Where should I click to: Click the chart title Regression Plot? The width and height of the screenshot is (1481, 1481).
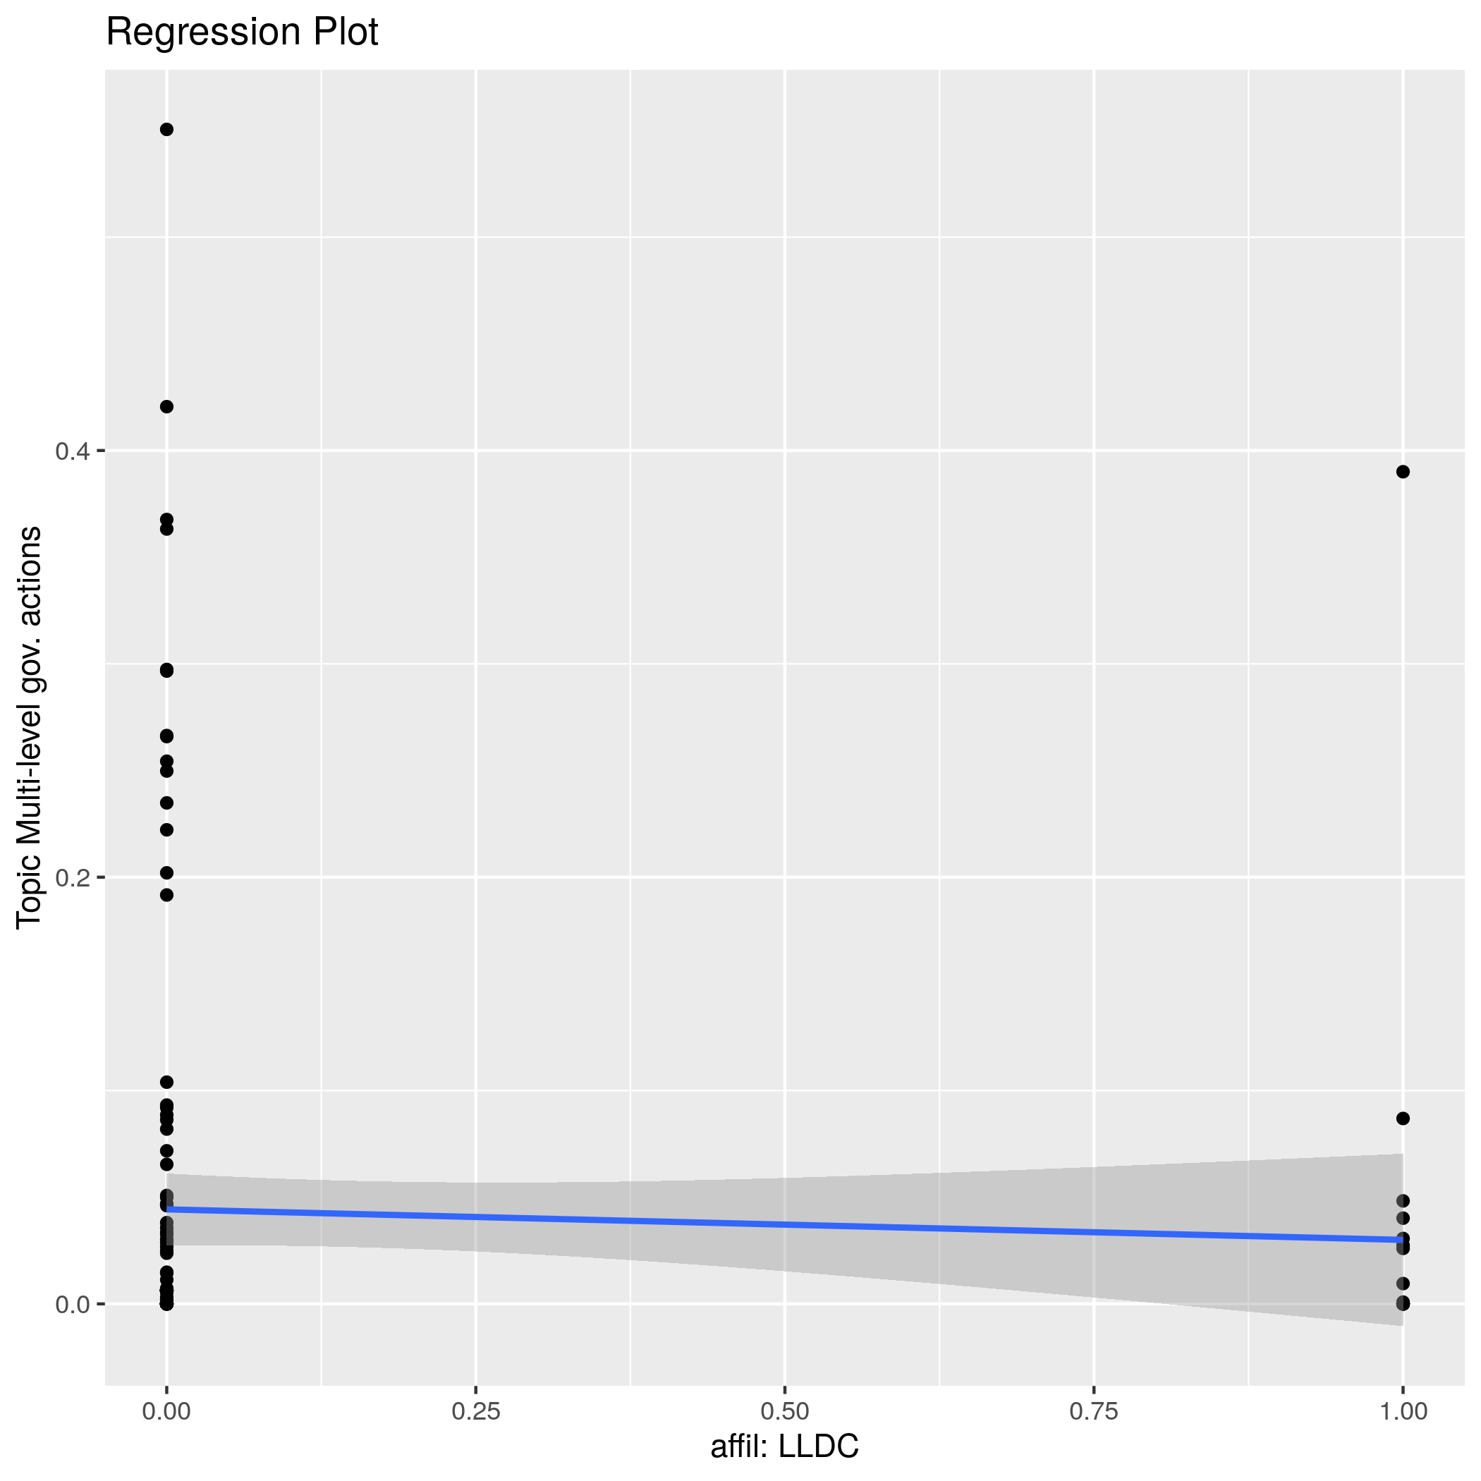(x=241, y=33)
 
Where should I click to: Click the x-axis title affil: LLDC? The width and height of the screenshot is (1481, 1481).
(x=784, y=1446)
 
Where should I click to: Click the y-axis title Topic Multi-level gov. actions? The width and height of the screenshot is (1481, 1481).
(x=29, y=726)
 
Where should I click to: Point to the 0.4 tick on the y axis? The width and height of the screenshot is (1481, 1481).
(x=72, y=451)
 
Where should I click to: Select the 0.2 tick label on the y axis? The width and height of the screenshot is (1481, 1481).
(x=72, y=877)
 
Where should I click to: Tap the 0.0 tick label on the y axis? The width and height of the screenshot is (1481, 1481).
(x=72, y=1304)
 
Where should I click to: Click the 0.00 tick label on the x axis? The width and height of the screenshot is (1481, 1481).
(x=166, y=1411)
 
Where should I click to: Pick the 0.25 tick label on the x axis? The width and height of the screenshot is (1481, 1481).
(x=475, y=1411)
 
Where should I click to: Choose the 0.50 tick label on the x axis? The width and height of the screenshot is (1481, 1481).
(x=784, y=1411)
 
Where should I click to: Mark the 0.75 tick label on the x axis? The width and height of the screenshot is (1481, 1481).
(x=1094, y=1411)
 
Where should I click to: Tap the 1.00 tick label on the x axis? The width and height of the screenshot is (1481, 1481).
(x=1403, y=1411)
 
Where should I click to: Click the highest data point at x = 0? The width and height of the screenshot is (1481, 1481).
(x=166, y=130)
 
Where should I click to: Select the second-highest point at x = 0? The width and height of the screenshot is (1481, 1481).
(x=166, y=406)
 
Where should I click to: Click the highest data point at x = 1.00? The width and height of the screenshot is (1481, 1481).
(x=1403, y=471)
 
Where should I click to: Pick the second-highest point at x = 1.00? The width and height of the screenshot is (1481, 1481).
(x=1403, y=1119)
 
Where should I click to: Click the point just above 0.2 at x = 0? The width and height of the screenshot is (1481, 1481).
(x=166, y=872)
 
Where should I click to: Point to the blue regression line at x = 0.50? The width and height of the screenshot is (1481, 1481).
(x=784, y=1224)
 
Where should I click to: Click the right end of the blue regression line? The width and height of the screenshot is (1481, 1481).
(x=1401, y=1240)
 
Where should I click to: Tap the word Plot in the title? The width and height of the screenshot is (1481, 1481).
(x=344, y=33)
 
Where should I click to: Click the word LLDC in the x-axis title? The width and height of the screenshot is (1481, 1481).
(x=818, y=1446)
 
